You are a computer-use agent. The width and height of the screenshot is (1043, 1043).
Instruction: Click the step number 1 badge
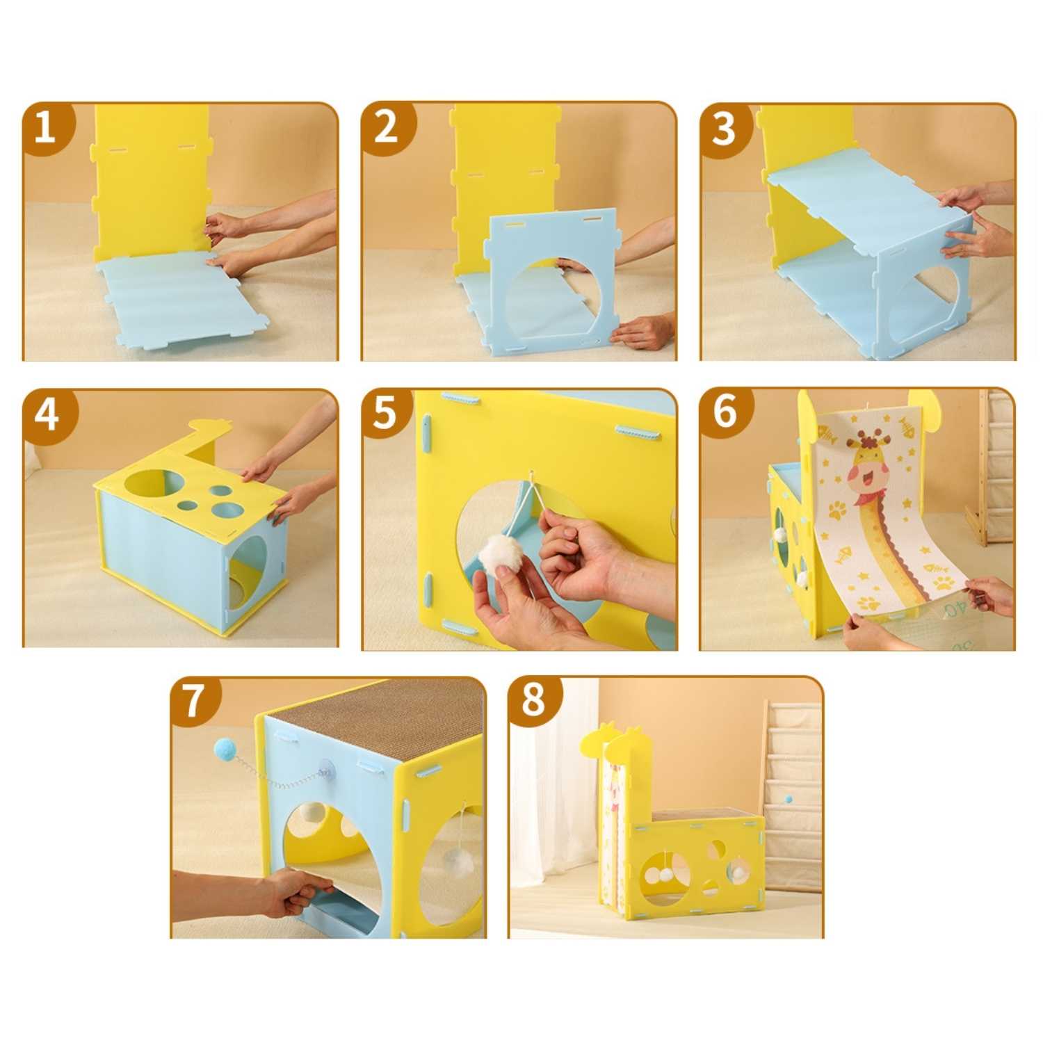pyautogui.click(x=47, y=129)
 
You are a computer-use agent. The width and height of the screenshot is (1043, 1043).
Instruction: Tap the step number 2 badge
pyautogui.click(x=387, y=129)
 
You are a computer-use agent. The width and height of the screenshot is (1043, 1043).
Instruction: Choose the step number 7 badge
pyautogui.click(x=195, y=701)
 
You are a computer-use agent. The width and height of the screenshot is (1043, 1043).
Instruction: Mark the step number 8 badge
pyautogui.click(x=534, y=700)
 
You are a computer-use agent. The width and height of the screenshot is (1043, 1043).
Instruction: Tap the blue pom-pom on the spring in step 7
pyautogui.click(x=226, y=749)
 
